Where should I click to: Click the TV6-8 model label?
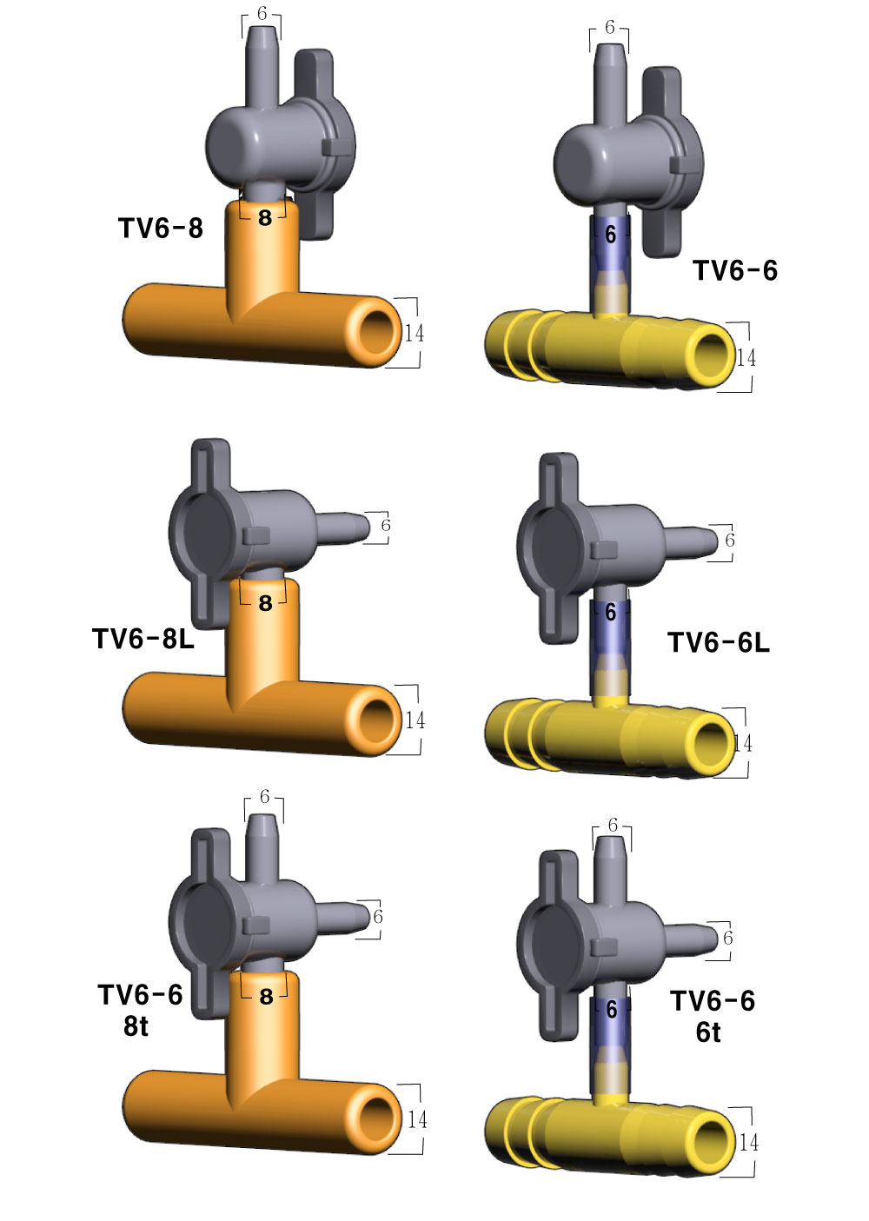point(161,229)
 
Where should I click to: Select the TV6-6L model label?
point(719,643)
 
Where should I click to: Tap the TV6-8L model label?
point(143,640)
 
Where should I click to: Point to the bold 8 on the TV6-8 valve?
point(265,217)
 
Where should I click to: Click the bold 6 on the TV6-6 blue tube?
point(611,235)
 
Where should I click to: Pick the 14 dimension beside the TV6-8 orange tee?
point(415,333)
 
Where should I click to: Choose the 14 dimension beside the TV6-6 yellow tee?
point(746,358)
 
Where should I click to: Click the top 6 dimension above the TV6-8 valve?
point(262,15)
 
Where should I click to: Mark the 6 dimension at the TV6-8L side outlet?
point(385,526)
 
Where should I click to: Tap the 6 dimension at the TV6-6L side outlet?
point(730,541)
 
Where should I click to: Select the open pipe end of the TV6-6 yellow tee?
point(709,355)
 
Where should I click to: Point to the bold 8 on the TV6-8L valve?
point(265,603)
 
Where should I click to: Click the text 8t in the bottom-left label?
point(136,1026)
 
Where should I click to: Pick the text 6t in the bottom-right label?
point(708,1032)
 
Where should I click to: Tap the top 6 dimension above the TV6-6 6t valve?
point(613,825)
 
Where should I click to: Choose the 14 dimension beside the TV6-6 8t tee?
point(417,1119)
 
